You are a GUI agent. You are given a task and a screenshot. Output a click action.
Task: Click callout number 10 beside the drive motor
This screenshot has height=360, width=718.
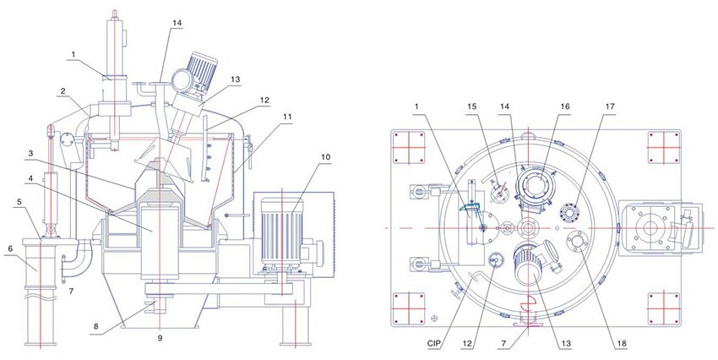pos(325,157)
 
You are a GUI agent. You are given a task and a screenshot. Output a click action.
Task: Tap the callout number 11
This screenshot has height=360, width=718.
pos(287,117)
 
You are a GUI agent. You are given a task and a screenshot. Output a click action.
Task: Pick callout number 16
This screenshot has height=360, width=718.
pos(564,106)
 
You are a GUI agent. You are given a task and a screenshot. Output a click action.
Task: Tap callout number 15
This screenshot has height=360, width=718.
pos(472,106)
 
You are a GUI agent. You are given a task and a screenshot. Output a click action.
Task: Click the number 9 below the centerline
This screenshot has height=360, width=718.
pos(160,339)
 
